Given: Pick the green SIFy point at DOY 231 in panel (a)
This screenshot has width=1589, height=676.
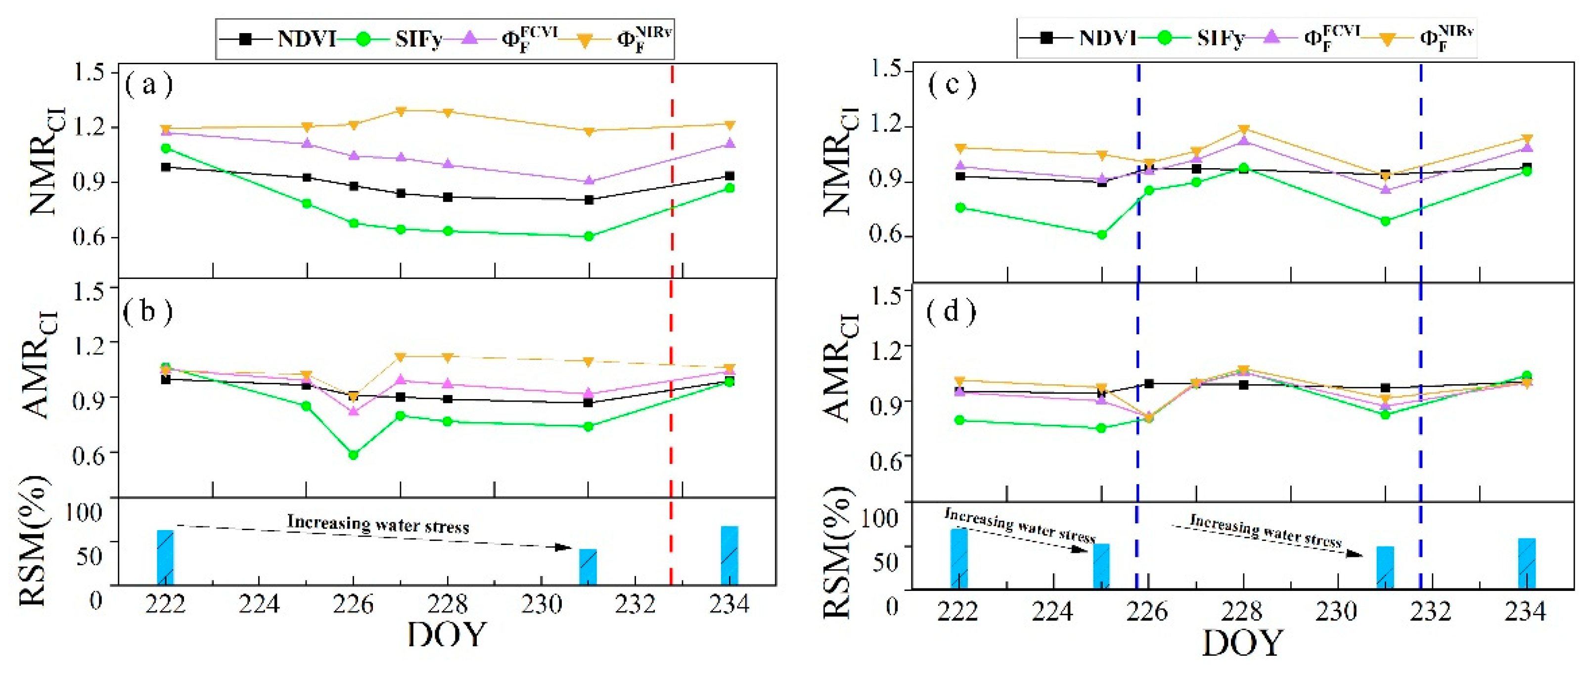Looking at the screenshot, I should pyautogui.click(x=589, y=236).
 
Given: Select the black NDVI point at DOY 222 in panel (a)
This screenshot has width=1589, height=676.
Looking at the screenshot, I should pyautogui.click(x=165, y=167).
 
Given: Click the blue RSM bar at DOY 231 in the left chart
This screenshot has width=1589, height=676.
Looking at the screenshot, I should pyautogui.click(x=588, y=566).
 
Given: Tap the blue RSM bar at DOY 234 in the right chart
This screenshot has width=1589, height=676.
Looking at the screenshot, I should pyautogui.click(x=1527, y=563).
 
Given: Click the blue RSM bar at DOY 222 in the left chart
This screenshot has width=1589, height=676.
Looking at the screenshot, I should pyautogui.click(x=165, y=557).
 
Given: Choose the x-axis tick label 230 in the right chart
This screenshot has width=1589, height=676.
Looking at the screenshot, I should pyautogui.click(x=1337, y=611).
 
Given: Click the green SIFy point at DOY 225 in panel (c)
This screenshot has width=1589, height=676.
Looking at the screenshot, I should pyautogui.click(x=1102, y=234).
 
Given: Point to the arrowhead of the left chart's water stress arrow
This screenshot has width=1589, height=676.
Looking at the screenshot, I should pyautogui.click(x=564, y=547).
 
